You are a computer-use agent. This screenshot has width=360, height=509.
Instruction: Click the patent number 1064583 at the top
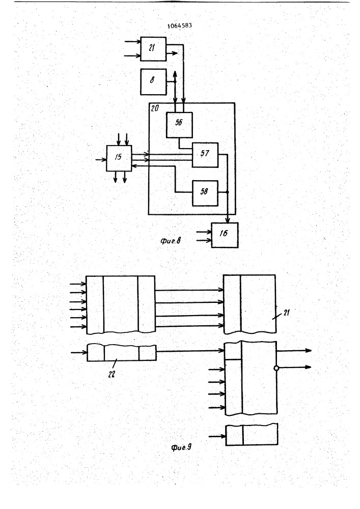(x=180, y=25)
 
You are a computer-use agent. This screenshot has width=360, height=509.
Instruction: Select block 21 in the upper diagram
(x=153, y=49)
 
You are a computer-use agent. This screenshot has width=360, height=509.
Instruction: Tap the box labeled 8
(x=153, y=82)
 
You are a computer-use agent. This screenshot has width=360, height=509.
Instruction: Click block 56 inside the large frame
(x=179, y=125)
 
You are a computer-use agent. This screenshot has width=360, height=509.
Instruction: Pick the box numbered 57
(x=205, y=155)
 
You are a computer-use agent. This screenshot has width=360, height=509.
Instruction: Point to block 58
(x=205, y=193)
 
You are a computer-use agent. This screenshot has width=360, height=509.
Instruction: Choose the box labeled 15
(x=119, y=158)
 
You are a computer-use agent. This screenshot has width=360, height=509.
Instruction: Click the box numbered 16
(x=225, y=235)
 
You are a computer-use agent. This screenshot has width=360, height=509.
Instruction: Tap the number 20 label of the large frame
(x=155, y=108)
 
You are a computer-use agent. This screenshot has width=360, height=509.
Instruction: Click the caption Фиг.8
(x=171, y=241)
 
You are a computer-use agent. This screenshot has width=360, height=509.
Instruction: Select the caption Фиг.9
(x=181, y=447)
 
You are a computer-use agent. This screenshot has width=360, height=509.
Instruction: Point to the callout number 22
(x=112, y=374)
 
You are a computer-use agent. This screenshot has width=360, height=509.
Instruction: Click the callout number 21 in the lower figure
(x=286, y=313)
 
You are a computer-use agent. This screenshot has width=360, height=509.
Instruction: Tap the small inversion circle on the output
(x=276, y=368)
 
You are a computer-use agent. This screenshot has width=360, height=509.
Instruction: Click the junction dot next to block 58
(x=227, y=192)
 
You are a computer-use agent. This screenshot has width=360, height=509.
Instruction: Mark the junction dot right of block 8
(x=175, y=82)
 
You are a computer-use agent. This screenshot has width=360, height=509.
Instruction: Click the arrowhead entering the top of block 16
(x=228, y=220)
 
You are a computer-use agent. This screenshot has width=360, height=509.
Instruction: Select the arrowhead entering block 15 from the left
(x=104, y=159)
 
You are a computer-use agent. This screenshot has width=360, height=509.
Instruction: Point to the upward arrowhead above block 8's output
(x=175, y=73)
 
